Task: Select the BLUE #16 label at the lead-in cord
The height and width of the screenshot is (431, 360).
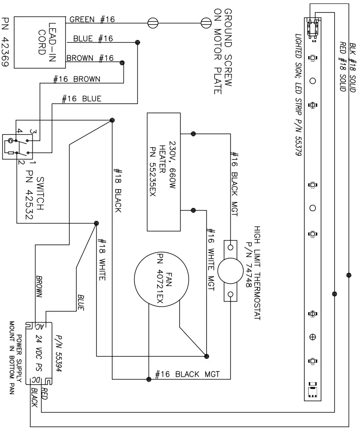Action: coord(93,39)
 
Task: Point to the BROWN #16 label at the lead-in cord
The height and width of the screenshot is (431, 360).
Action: coord(90,58)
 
